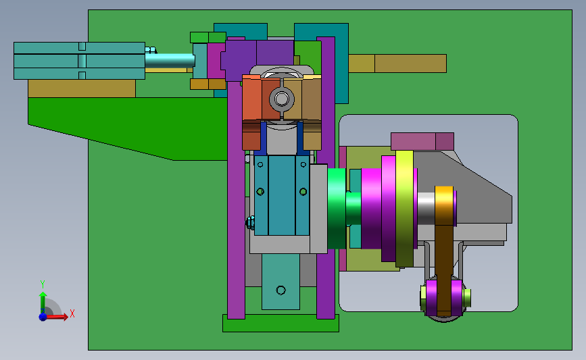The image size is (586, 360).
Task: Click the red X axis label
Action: tap(72, 313)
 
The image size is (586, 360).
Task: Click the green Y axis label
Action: tap(43, 284)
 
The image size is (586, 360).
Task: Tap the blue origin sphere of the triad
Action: tap(43, 317)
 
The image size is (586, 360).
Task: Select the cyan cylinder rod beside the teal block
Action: tap(170, 61)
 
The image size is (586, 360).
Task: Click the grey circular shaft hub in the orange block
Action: tap(281, 99)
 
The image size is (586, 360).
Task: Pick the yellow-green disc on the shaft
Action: tap(404, 209)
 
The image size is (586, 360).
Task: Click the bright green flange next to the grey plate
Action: tap(337, 209)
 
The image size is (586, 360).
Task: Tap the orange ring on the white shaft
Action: tap(444, 206)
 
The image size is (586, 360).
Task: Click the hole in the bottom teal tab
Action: tap(280, 290)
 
